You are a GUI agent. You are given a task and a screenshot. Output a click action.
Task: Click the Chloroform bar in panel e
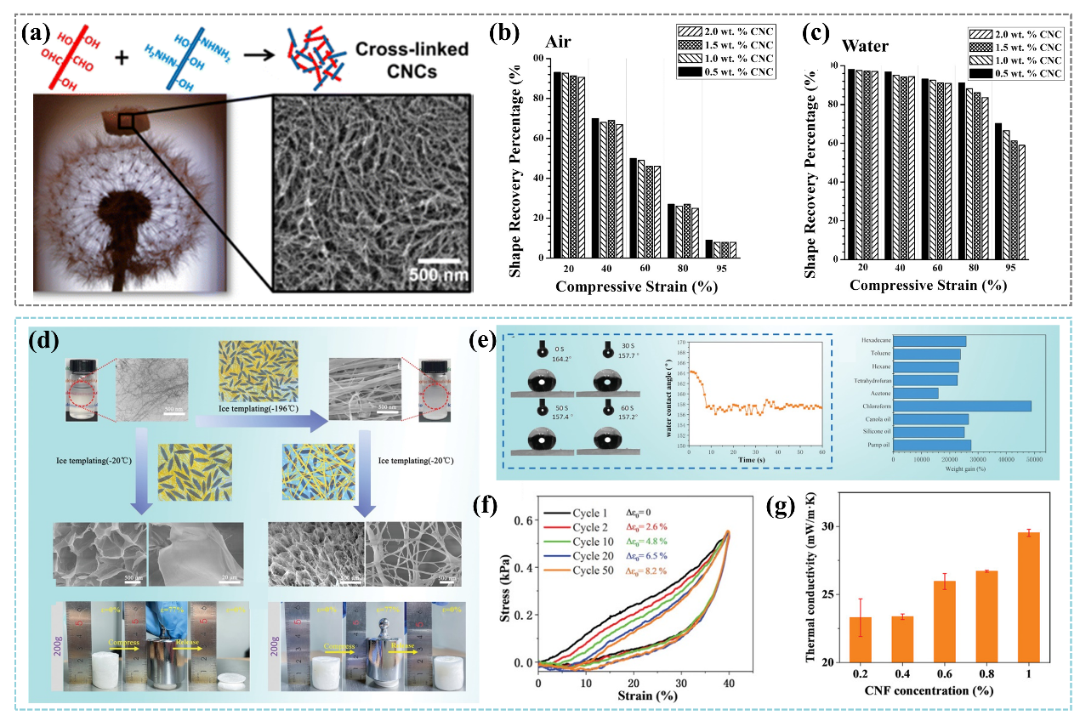(962, 406)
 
